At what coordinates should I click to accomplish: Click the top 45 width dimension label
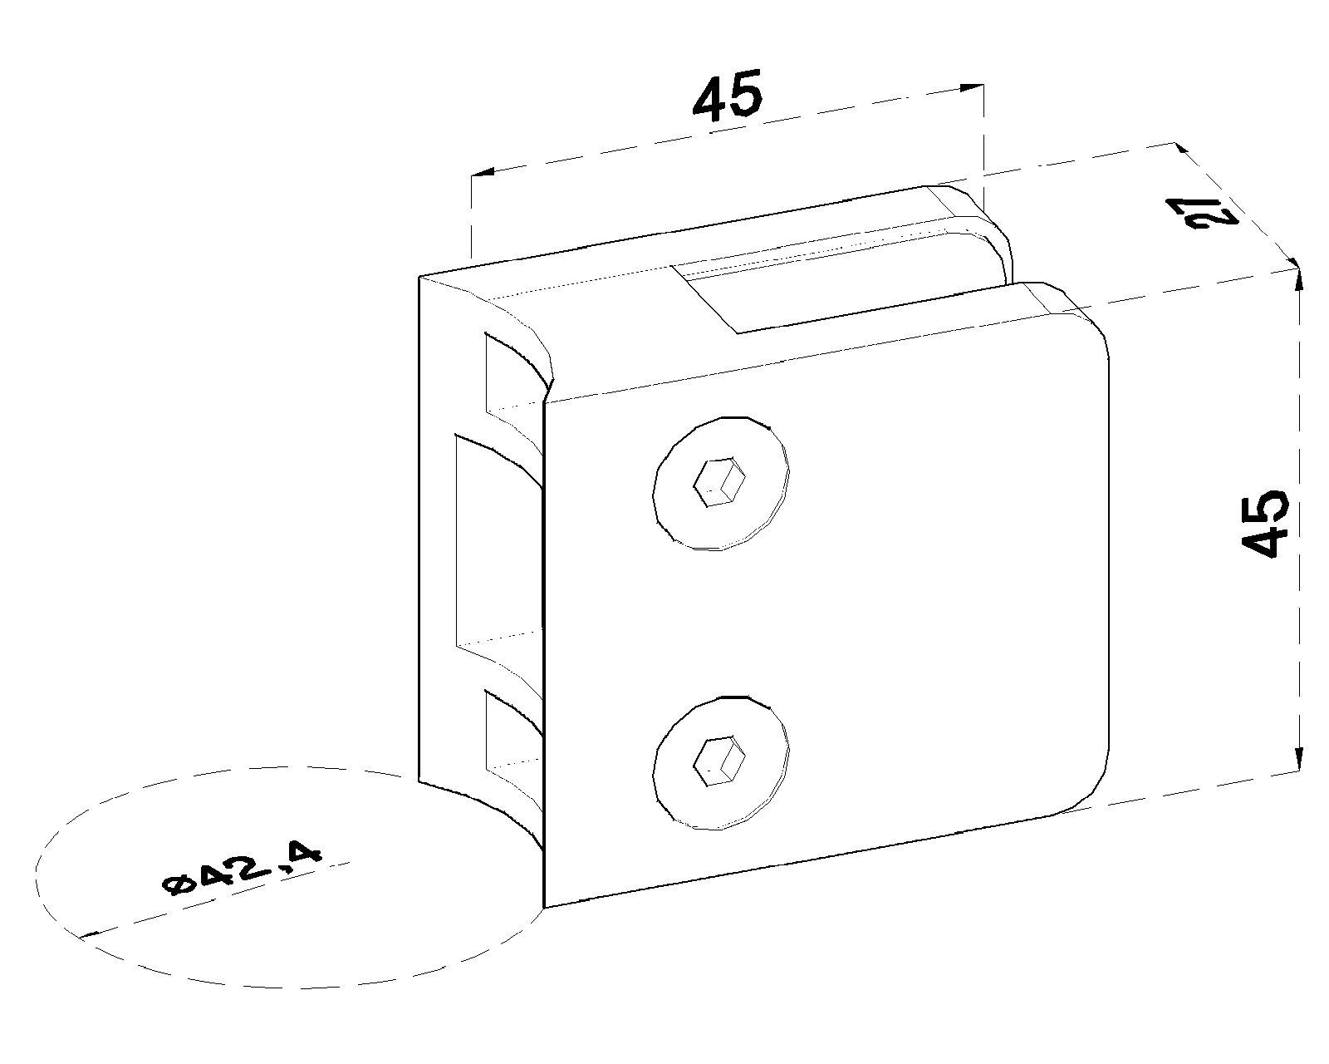[x=728, y=95]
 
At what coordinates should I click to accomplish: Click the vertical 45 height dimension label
[x=1265, y=525]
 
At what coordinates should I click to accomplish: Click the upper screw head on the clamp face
[x=721, y=483]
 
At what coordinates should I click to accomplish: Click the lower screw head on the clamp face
[x=721, y=762]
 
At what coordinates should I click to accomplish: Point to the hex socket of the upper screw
[x=720, y=482]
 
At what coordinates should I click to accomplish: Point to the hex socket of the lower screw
[x=720, y=761]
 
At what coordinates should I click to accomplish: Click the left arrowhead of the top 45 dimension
[x=483, y=172]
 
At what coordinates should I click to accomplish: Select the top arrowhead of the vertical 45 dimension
[x=1299, y=278]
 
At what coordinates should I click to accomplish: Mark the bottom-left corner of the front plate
[x=544, y=907]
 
